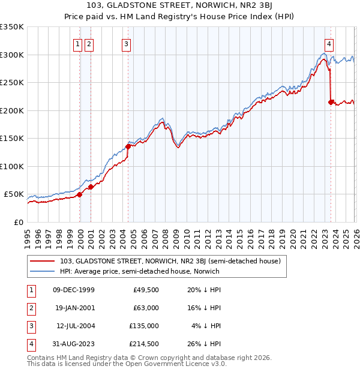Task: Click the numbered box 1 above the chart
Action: [78, 43]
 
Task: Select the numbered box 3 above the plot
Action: [127, 43]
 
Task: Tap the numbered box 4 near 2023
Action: [329, 43]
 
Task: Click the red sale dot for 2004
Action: [128, 146]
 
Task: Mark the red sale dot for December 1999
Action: [80, 194]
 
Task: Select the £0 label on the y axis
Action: [18, 222]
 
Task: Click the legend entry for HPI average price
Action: [140, 271]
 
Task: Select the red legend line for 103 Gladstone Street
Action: [42, 261]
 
